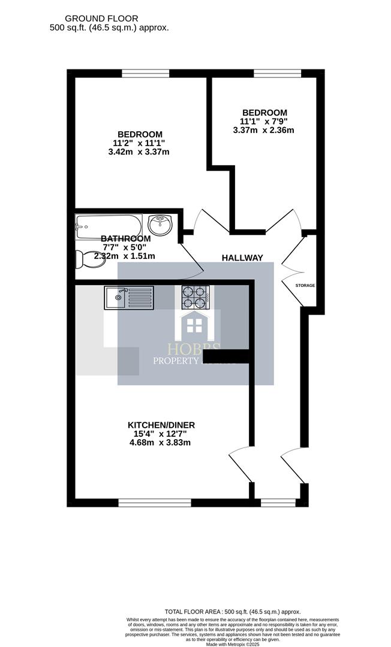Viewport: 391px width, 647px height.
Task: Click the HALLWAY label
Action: tap(242, 258)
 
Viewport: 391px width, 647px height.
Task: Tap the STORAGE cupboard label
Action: tap(305, 286)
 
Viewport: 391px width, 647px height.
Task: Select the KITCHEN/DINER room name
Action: tap(161, 425)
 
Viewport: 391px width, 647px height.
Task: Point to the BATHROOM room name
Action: tap(125, 238)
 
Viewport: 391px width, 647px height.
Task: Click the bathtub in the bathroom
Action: tap(109, 225)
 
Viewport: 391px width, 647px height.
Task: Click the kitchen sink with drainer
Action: tap(128, 297)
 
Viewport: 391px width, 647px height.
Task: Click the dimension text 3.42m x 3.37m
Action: tap(139, 152)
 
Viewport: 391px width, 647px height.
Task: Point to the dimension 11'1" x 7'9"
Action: tap(264, 121)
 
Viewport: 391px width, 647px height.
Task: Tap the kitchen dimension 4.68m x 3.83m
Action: tap(161, 443)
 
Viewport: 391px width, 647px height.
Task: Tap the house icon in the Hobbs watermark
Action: tap(194, 325)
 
